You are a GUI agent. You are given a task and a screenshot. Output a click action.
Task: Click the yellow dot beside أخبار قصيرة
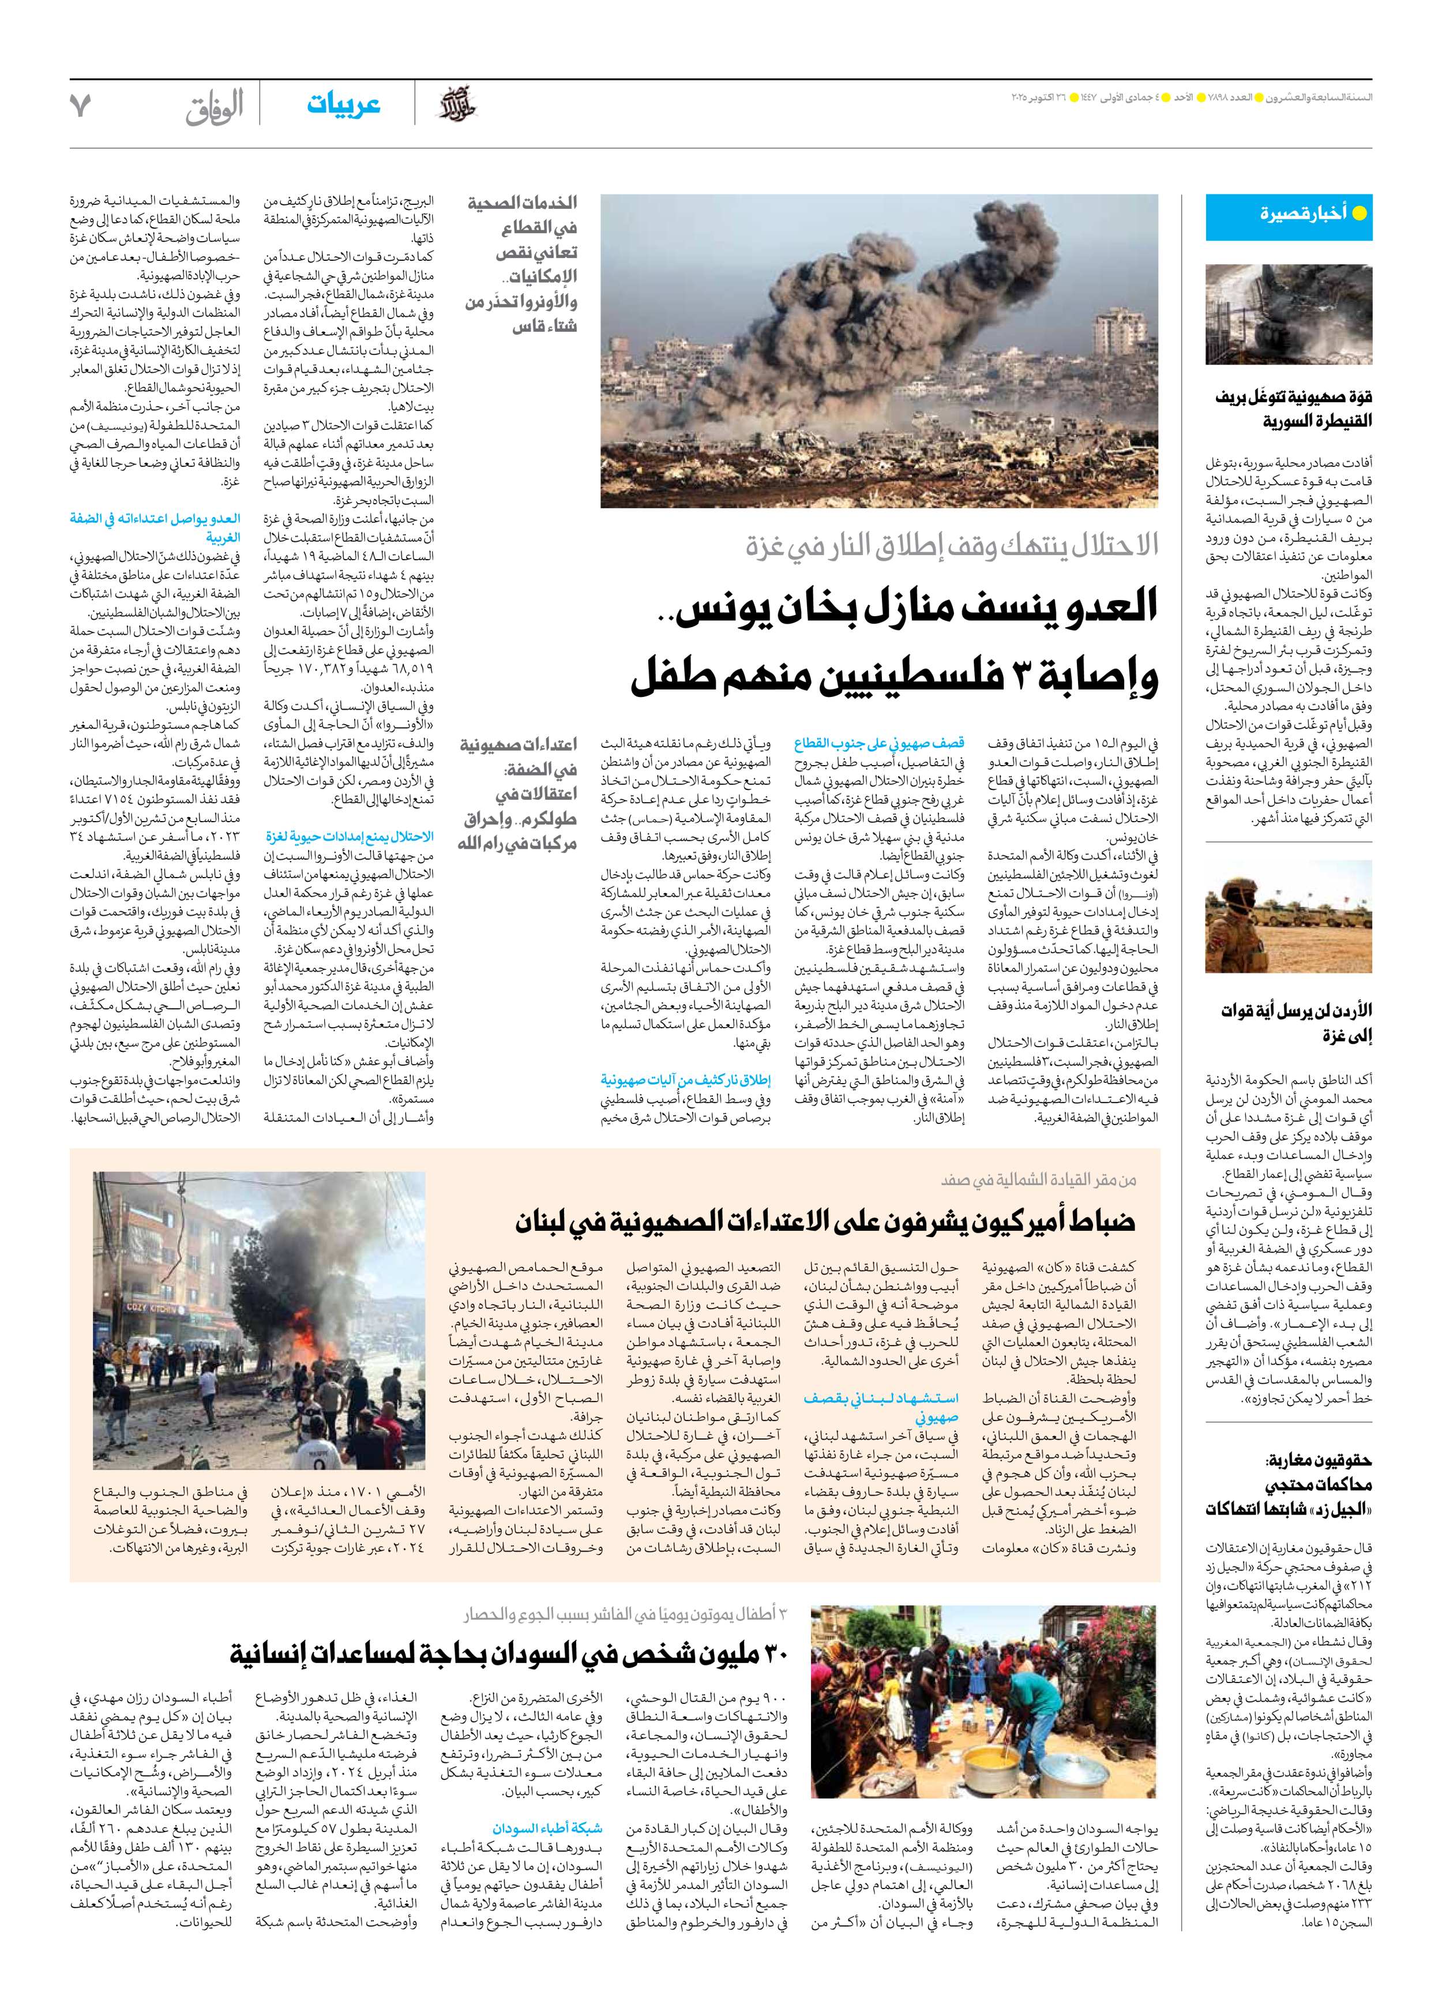point(1359,213)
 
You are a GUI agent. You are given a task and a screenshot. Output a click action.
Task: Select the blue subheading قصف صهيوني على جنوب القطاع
point(878,743)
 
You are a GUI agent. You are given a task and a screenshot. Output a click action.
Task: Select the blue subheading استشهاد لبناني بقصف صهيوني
point(880,1407)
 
